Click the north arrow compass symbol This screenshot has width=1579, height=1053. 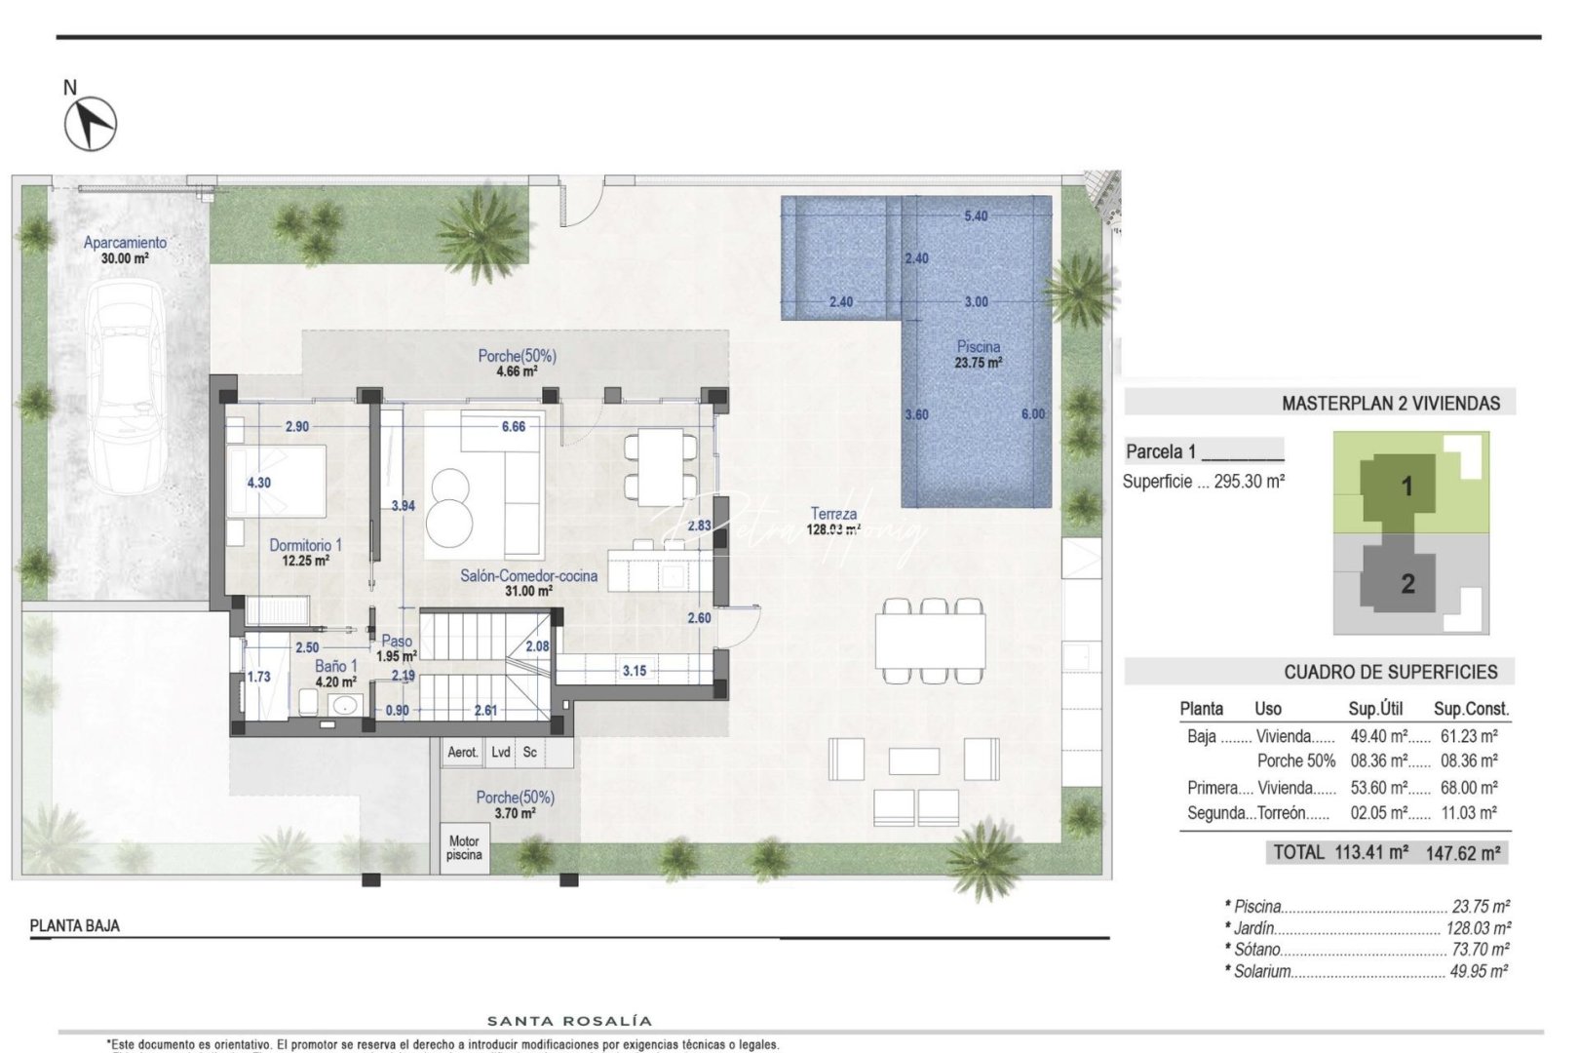(91, 124)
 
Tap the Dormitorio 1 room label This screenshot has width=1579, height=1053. (305, 546)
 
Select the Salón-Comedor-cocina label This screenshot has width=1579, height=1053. (528, 576)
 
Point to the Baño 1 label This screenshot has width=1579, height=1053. (335, 667)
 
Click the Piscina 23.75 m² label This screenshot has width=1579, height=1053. (978, 354)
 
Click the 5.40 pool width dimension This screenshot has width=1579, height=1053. (975, 215)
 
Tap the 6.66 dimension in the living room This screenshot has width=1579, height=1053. (513, 426)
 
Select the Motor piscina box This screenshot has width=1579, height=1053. (464, 848)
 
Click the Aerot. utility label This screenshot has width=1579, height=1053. (462, 752)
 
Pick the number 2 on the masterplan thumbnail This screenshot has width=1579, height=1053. (1406, 583)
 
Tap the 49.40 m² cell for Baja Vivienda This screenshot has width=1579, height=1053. (1377, 736)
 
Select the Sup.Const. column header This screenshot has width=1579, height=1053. (1470, 709)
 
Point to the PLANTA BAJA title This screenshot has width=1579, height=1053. (75, 925)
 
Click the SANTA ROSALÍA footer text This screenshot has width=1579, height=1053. (569, 1021)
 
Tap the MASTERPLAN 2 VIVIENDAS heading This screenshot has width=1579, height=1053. (1390, 403)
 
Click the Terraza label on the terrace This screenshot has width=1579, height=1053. (833, 514)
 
